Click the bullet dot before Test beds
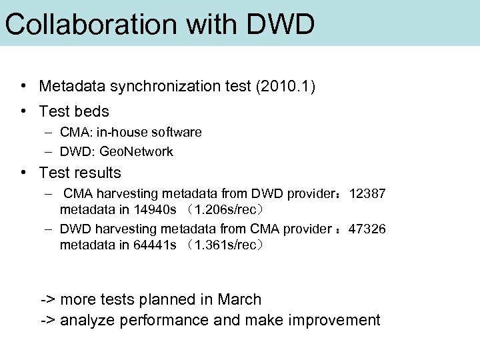[23, 111]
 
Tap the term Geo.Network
[136, 152]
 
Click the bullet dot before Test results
[23, 172]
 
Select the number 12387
[367, 194]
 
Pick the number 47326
[367, 229]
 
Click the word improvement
[334, 321]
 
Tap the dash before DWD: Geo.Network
[50, 152]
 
